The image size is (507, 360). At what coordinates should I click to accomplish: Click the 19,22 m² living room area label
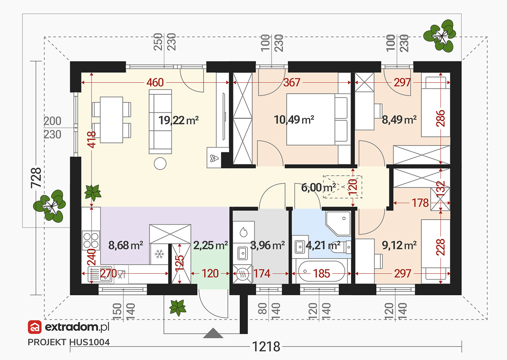[178, 120]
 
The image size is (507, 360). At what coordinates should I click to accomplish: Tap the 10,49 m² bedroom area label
[294, 120]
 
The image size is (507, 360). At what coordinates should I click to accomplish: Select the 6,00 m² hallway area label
[318, 188]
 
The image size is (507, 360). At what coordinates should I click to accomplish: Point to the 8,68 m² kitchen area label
[125, 246]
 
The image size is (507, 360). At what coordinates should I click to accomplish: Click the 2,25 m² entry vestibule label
[211, 246]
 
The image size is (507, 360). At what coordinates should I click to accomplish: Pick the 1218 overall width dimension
[266, 347]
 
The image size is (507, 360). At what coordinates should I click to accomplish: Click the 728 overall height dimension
[36, 178]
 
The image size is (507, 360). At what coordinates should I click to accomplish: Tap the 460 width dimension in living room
[155, 82]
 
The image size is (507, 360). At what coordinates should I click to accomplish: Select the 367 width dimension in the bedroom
[292, 82]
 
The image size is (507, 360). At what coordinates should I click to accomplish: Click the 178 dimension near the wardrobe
[420, 203]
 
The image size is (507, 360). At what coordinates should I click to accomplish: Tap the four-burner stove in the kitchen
[91, 240]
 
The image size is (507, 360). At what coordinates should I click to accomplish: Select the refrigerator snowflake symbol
[159, 254]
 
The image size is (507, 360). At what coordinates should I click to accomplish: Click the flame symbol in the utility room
[243, 231]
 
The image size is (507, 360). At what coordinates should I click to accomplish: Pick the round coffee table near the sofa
[160, 164]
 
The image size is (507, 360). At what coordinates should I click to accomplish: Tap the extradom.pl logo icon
[35, 327]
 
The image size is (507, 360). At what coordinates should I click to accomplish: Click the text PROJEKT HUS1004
[69, 342]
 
